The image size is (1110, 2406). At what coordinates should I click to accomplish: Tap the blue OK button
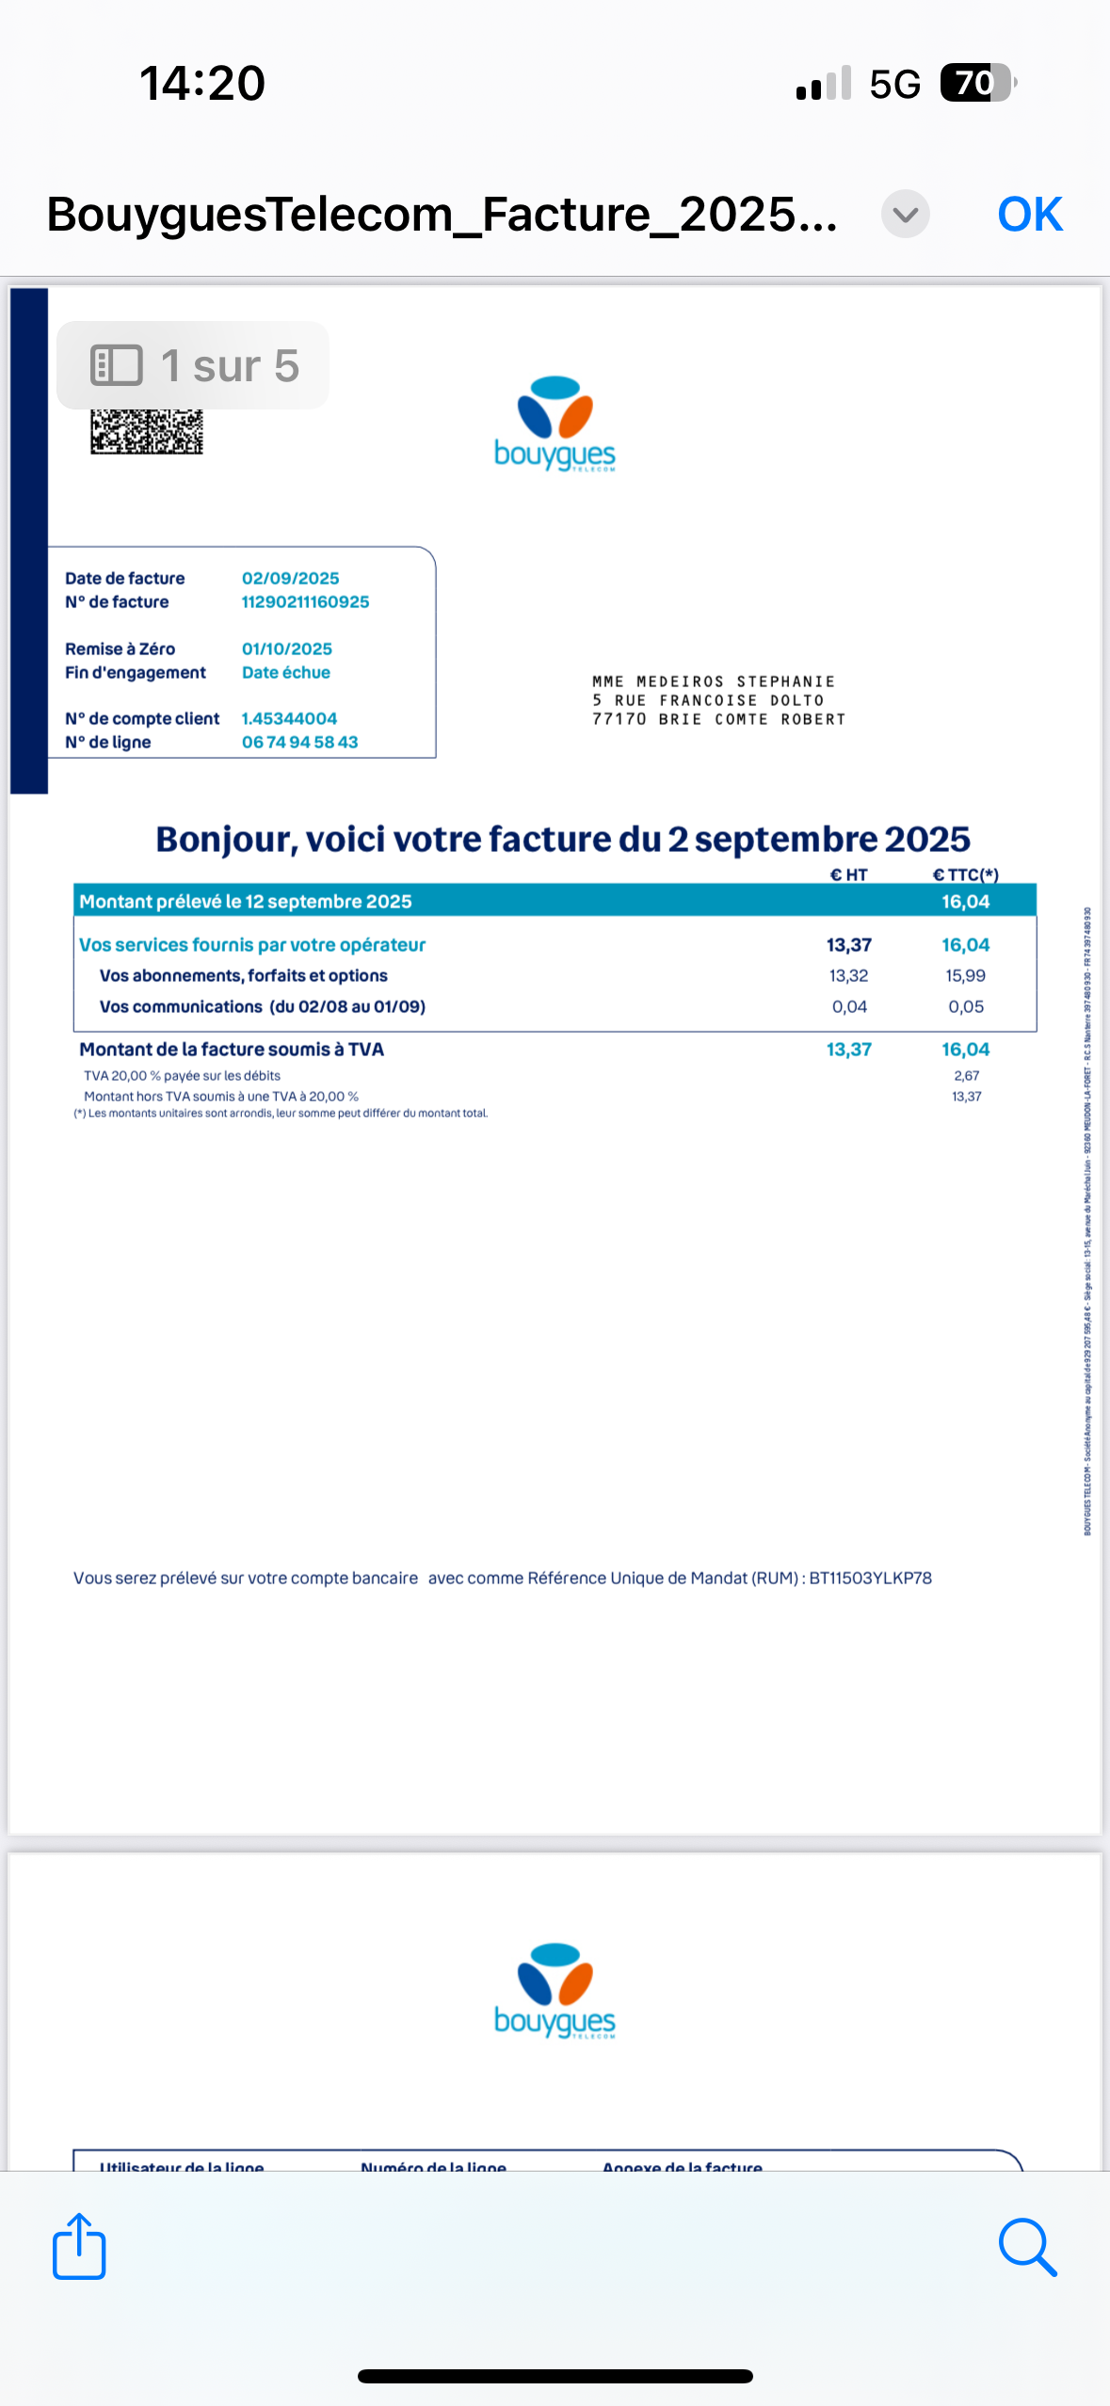tap(1029, 215)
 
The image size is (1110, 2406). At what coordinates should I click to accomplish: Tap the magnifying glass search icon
tap(1027, 2247)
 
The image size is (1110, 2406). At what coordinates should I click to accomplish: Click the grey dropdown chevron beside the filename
tap(905, 215)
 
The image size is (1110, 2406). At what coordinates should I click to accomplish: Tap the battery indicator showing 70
tap(977, 83)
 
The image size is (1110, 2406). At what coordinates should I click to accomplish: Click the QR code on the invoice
tap(147, 432)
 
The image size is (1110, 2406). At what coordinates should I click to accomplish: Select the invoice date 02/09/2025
tap(290, 578)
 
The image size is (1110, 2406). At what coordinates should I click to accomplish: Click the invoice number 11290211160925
tap(305, 601)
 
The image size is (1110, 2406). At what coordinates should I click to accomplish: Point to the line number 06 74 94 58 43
tap(299, 742)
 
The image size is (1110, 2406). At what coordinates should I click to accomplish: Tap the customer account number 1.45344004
tap(289, 718)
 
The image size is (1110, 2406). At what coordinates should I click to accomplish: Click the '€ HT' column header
tap(848, 874)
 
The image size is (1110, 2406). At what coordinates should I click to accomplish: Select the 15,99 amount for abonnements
tap(965, 975)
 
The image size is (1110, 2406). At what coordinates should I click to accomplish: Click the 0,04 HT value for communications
tap(849, 1006)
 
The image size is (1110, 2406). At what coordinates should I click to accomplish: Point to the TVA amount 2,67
tap(966, 1075)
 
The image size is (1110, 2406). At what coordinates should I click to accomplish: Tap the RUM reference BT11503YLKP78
tap(870, 1578)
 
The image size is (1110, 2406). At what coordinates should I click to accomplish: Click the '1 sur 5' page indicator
tap(194, 365)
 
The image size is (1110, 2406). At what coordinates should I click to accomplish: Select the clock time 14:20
tap(202, 83)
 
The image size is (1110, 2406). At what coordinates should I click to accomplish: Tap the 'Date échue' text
tap(286, 672)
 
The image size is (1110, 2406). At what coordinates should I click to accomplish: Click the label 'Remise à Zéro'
tap(120, 649)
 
